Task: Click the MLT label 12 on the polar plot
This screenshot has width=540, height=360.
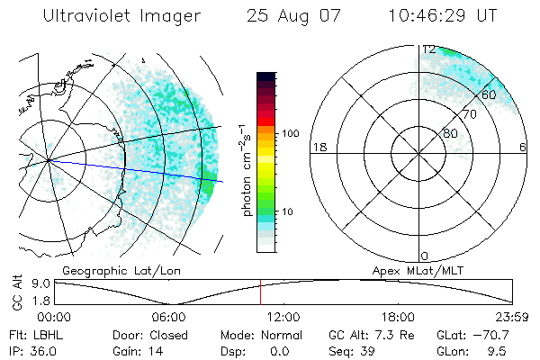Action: point(429,49)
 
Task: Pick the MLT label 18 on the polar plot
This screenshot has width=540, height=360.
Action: point(318,147)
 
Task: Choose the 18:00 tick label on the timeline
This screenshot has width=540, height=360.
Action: point(397,317)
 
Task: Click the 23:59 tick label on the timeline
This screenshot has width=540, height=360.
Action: point(511,317)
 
